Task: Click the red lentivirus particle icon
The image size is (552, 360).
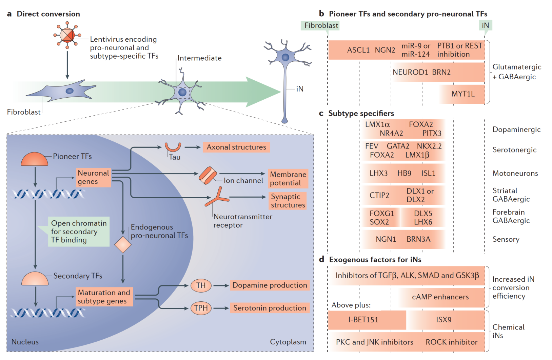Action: pos(67,35)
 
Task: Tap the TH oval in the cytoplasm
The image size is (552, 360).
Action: pos(201,285)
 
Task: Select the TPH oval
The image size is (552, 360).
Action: pos(201,308)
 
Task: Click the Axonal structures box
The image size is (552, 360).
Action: pos(236,147)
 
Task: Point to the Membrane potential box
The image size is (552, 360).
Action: pos(288,179)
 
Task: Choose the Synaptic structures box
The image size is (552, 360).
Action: pos(288,201)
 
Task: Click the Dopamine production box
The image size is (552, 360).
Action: pos(270,285)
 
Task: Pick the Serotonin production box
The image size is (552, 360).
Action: pos(270,308)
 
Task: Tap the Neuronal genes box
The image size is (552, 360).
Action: pos(94,177)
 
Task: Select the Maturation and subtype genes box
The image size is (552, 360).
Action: pos(104,297)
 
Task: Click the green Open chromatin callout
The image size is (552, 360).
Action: pos(79,232)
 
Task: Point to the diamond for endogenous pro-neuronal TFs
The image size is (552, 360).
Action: pos(123,245)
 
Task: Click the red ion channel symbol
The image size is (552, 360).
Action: pos(208,175)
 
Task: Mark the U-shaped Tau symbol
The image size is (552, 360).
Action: pos(173,147)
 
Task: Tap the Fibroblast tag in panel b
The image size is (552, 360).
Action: pos(321,25)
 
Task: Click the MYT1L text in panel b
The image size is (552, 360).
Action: pos(463,94)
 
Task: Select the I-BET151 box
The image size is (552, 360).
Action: pos(363,320)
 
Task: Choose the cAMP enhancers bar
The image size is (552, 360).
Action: pos(440,297)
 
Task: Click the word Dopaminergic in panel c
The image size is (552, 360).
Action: pos(516,129)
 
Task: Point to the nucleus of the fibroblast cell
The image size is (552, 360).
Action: pos(70,91)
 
